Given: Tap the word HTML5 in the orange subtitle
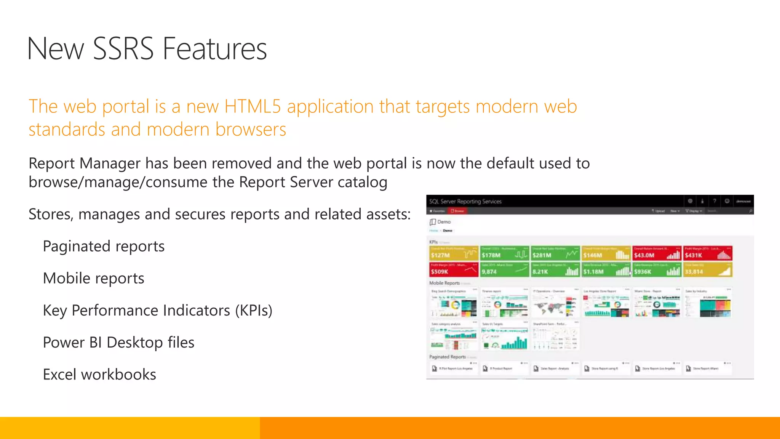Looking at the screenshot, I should (253, 106).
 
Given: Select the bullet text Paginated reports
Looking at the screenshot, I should (104, 246).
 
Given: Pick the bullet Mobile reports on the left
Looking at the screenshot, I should (94, 278).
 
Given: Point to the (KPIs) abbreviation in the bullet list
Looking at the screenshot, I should (254, 311).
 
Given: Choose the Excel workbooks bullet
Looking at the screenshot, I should (99, 375).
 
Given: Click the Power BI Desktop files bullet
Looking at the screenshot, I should (118, 343).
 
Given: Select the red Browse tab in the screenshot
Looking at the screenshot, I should (457, 211).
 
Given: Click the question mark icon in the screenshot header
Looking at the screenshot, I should (714, 201).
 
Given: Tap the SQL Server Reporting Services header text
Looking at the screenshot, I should (465, 202).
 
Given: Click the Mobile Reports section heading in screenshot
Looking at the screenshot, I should (444, 283).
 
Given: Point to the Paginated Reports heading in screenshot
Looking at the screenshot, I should (448, 357).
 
